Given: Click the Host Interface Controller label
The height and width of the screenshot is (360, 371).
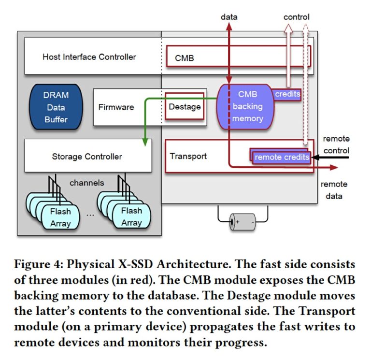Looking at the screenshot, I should click(x=89, y=57).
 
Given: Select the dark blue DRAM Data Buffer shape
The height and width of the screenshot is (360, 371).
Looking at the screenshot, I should click(x=56, y=107).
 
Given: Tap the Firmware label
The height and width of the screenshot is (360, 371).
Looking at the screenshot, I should click(x=116, y=107).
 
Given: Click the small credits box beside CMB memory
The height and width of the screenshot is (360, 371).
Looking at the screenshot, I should click(x=287, y=94).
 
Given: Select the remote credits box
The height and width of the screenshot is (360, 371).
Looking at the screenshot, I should click(x=282, y=157).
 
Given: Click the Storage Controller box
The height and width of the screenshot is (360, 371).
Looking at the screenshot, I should click(x=87, y=157).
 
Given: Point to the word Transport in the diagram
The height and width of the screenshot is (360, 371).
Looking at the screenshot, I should click(x=188, y=156).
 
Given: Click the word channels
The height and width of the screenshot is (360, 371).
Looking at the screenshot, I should click(x=86, y=183).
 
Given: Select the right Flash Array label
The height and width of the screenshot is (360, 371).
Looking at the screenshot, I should click(x=131, y=216).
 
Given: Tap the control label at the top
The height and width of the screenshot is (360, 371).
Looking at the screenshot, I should click(x=296, y=17).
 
